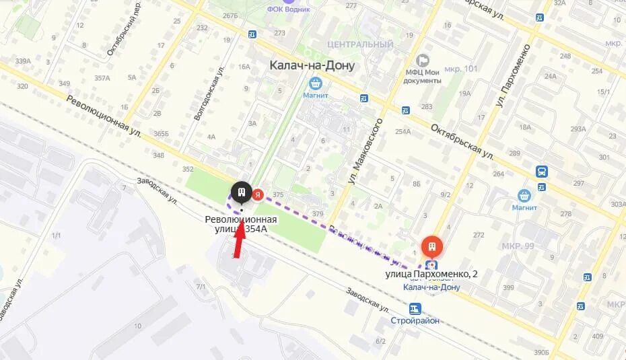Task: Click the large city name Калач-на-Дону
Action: click(x=312, y=65)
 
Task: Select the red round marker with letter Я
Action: click(x=258, y=195)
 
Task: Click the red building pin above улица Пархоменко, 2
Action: click(x=431, y=246)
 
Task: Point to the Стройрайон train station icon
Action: click(x=415, y=309)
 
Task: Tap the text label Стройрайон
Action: click(x=415, y=320)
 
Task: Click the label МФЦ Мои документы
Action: click(x=422, y=76)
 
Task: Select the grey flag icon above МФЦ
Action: click(x=423, y=61)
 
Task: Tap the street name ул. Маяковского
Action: click(x=364, y=152)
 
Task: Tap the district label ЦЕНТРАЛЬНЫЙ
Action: click(x=359, y=45)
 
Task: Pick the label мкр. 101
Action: click(x=461, y=69)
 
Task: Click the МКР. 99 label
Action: click(x=518, y=246)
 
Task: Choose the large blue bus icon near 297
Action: click(x=542, y=172)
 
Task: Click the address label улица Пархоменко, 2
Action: click(x=431, y=274)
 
